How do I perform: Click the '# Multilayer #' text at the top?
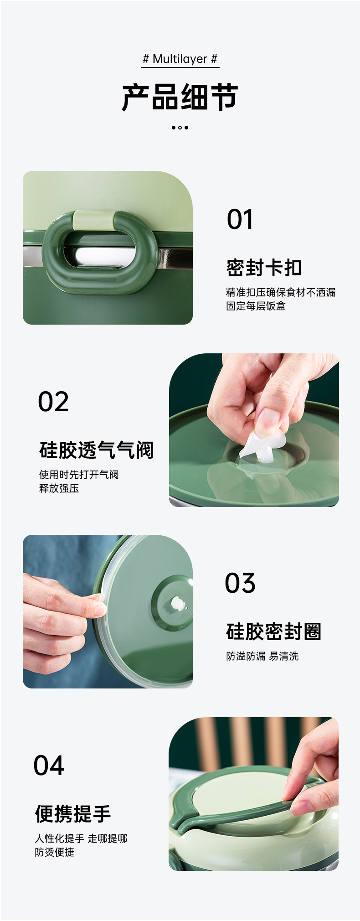180,59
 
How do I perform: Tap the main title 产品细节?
180,97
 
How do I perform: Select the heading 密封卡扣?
264,268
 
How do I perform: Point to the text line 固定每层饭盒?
256,306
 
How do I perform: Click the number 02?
53,402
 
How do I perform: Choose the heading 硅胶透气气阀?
97,450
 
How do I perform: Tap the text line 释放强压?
59,488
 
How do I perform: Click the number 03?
240,583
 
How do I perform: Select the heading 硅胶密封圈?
274,631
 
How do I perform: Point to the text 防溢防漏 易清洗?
262,656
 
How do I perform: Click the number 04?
49,766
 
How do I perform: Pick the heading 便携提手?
73,814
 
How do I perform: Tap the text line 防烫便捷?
55,852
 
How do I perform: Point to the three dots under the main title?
180,128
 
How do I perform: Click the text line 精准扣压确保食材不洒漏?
281,292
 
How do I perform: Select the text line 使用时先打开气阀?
79,475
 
